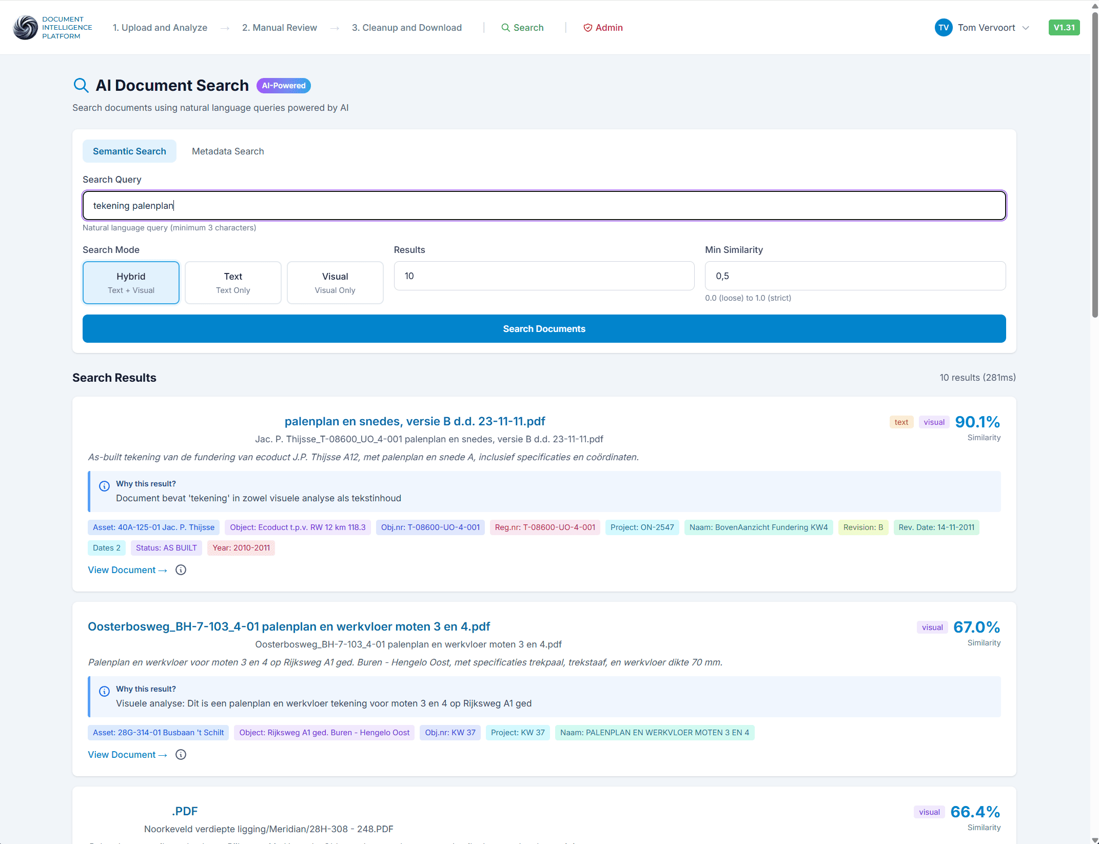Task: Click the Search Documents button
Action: pos(544,329)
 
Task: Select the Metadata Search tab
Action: pos(228,151)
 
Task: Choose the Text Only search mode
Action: pos(233,283)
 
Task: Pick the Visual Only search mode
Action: pos(335,283)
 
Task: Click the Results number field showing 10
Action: pos(544,276)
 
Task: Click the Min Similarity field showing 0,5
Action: pos(855,276)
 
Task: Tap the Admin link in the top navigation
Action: pos(603,28)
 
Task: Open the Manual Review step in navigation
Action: pos(280,28)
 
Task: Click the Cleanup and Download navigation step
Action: pos(407,28)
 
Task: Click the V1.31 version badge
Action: pos(1064,28)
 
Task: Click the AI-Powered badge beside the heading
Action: pos(284,86)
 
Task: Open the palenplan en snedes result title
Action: pos(415,421)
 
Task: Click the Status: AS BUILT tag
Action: pos(166,548)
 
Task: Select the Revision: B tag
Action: pos(863,527)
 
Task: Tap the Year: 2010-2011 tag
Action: pos(241,548)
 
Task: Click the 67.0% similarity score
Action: pos(976,627)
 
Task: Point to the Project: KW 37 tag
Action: pos(518,733)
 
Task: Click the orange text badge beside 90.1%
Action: pos(901,422)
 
